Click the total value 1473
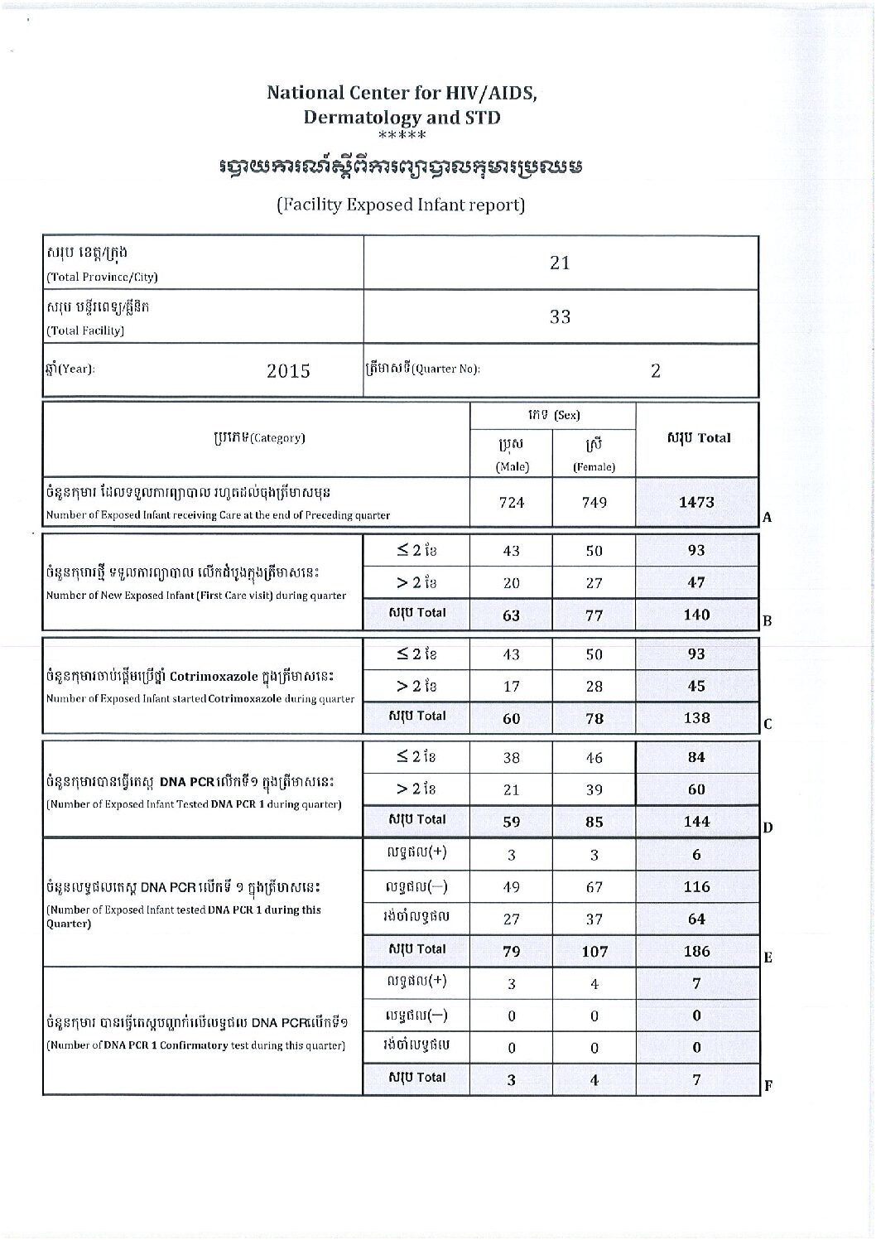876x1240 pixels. [x=696, y=502]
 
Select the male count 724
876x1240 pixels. [x=512, y=503]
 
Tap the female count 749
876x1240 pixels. [x=594, y=503]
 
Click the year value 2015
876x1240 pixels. [x=288, y=370]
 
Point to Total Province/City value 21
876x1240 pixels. [x=561, y=263]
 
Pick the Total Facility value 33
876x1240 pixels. [x=561, y=316]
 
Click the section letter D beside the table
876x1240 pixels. [x=768, y=827]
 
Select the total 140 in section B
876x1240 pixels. [x=696, y=615]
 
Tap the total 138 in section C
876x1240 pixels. [x=696, y=718]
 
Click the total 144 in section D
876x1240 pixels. [x=696, y=821]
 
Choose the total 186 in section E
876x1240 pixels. [x=696, y=951]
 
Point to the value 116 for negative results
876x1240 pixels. [x=696, y=886]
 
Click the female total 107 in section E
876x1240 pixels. [x=594, y=951]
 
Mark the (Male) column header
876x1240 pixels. [x=512, y=466]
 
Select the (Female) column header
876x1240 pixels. [x=594, y=466]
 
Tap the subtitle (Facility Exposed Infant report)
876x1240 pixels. [x=401, y=205]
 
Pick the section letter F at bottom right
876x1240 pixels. [x=768, y=1085]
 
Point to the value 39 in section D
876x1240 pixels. [x=594, y=789]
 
